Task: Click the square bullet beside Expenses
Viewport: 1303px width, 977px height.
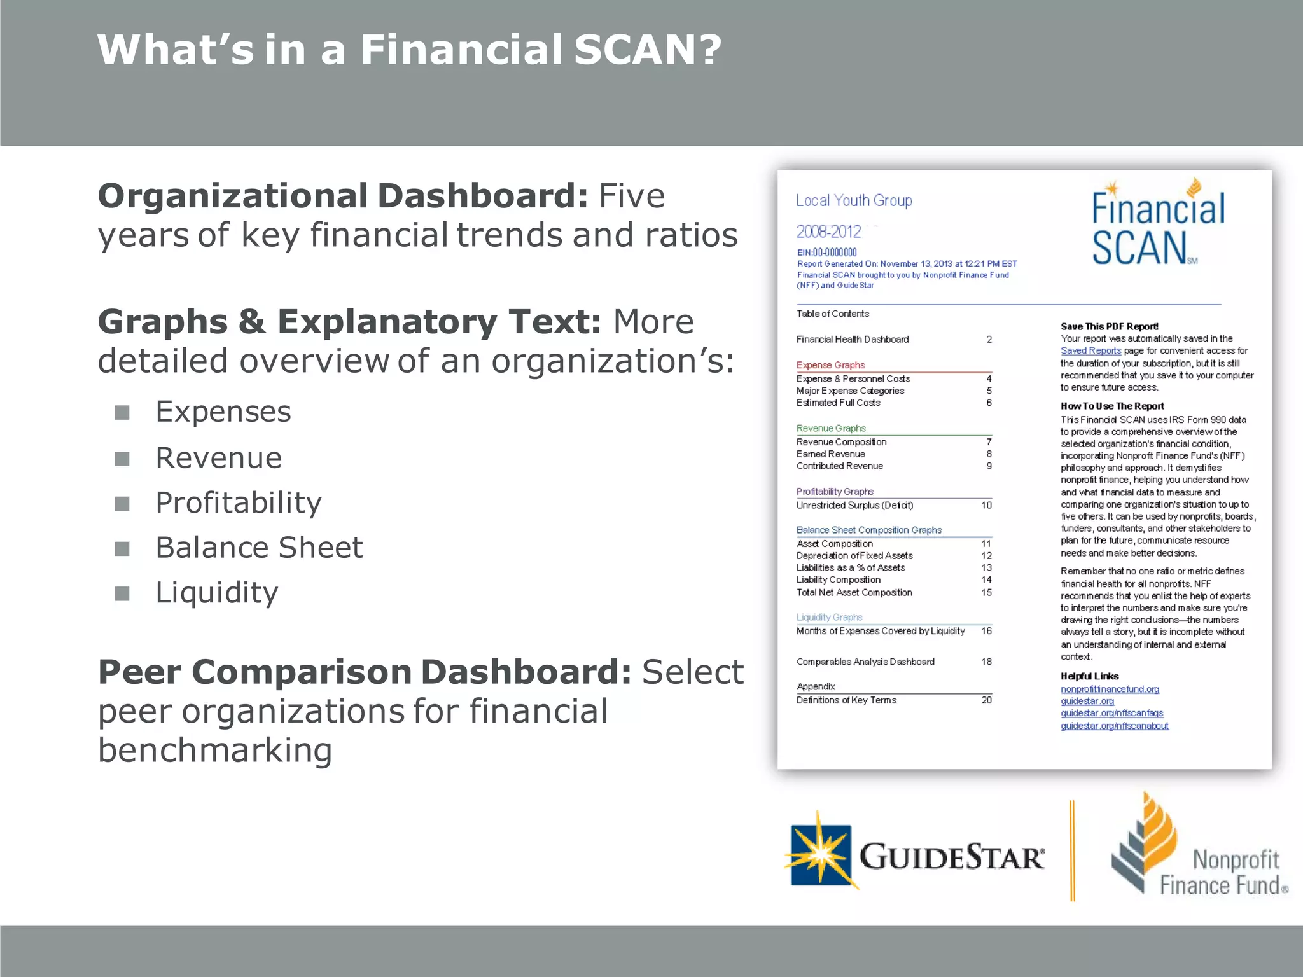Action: tap(122, 413)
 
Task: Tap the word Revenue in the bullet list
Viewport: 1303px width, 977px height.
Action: tap(218, 457)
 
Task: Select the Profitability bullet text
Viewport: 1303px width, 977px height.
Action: tap(239, 502)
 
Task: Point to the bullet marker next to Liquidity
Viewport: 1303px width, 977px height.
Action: tap(122, 593)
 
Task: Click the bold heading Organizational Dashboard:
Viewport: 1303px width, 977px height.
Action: tap(343, 195)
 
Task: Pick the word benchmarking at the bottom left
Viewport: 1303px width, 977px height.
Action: tap(215, 750)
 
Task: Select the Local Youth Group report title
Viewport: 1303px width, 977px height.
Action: tap(854, 201)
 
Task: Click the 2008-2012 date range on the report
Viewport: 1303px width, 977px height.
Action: tap(828, 232)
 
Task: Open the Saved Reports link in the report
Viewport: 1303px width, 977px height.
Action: tap(1090, 351)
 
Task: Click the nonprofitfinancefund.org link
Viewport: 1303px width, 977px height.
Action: tap(1110, 689)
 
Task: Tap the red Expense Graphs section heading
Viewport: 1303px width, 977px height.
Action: tap(830, 365)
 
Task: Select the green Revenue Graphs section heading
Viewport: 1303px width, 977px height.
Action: tap(831, 429)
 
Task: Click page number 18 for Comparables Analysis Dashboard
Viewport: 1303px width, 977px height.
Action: tap(986, 662)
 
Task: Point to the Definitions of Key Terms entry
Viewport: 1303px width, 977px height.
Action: tap(846, 700)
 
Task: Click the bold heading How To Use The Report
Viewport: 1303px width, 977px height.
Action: tap(1112, 406)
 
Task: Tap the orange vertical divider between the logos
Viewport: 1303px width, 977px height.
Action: tap(1073, 850)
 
